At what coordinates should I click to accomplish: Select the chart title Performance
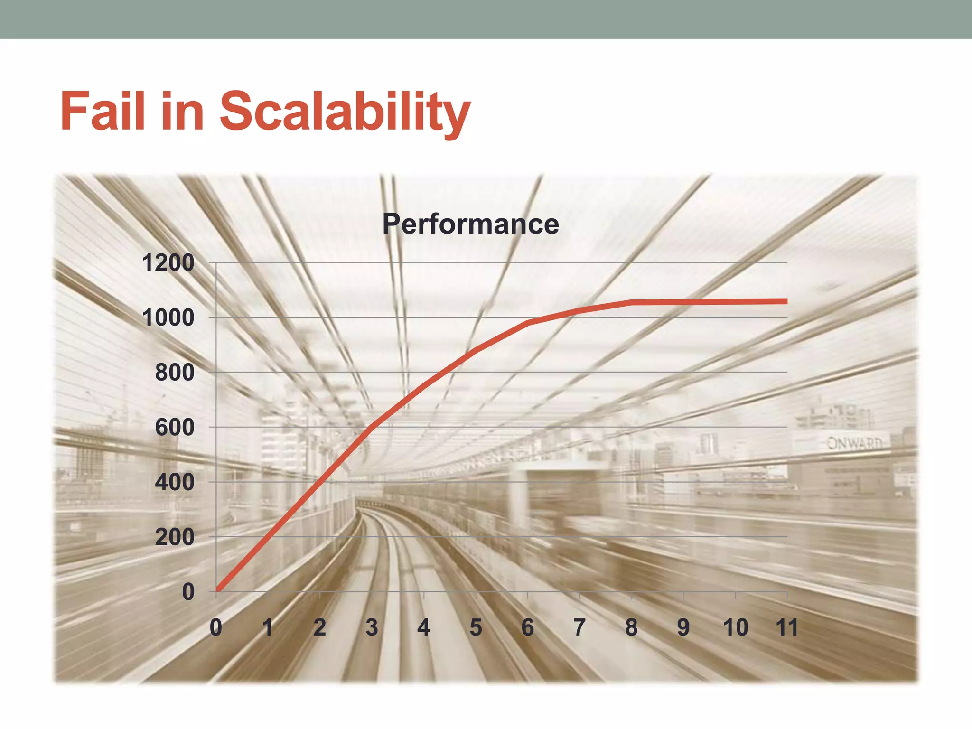tap(470, 224)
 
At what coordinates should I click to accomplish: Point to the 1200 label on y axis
tap(168, 263)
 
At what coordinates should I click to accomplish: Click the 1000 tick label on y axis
tap(168, 318)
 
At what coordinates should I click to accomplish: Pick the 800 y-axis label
tap(175, 373)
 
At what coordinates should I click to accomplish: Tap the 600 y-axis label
tap(175, 428)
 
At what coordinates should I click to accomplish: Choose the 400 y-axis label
tap(175, 482)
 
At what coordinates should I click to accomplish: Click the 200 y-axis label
tap(175, 537)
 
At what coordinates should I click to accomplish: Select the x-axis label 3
tap(372, 627)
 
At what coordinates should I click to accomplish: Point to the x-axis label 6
tap(528, 627)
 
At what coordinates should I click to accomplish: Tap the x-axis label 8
tap(631, 627)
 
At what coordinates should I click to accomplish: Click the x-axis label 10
tap(735, 627)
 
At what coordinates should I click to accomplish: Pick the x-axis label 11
tap(786, 627)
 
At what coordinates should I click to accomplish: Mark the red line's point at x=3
tap(372, 427)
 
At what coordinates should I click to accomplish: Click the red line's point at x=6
tap(528, 323)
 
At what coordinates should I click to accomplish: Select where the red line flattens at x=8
tap(631, 302)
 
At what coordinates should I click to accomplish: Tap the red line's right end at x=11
tap(785, 301)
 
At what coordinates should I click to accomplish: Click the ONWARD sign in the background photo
tap(854, 443)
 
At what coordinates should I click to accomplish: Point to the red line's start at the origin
tap(217, 590)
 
